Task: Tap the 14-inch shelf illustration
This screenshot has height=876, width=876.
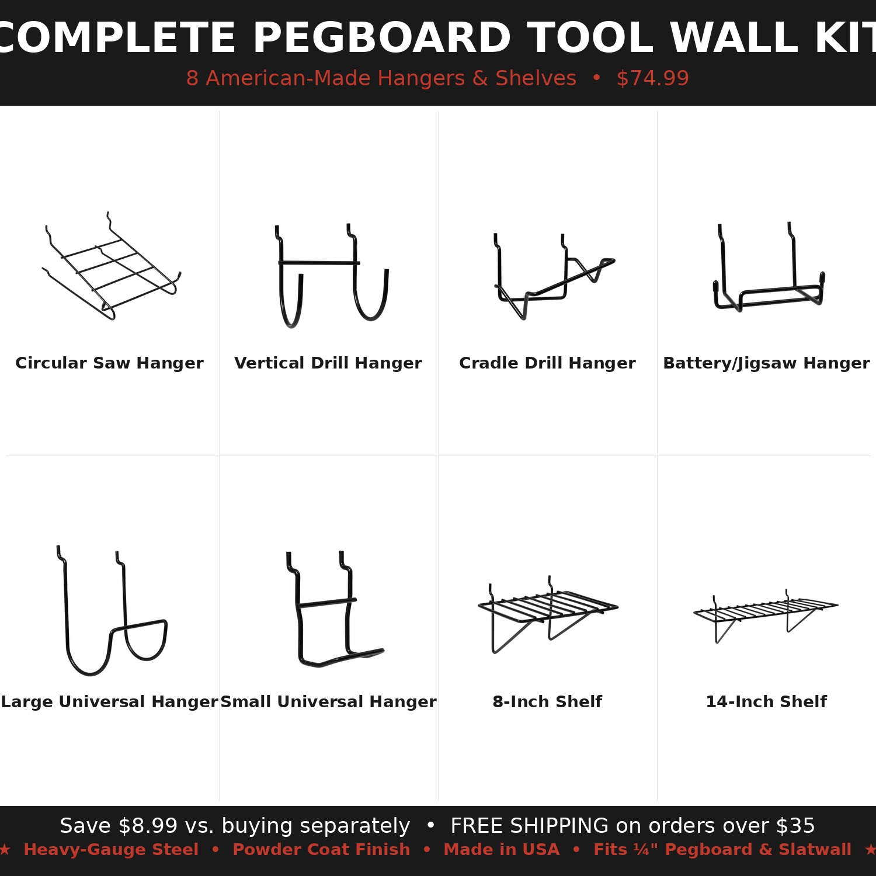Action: pyautogui.click(x=766, y=610)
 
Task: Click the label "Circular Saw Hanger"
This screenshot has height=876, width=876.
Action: pyautogui.click(x=109, y=363)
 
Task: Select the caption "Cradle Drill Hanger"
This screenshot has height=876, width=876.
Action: pyautogui.click(x=547, y=363)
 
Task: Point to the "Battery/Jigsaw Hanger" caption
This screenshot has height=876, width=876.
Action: pyautogui.click(x=766, y=363)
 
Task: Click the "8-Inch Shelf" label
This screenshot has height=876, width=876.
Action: pyautogui.click(x=547, y=701)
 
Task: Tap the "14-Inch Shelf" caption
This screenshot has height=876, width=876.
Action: pyautogui.click(x=766, y=701)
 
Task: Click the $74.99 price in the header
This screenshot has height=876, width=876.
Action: pyautogui.click(x=653, y=78)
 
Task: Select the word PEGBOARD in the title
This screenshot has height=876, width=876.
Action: pyautogui.click(x=382, y=39)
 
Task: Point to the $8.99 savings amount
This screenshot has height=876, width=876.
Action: pyautogui.click(x=148, y=826)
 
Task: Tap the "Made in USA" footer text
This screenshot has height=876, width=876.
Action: pyautogui.click(x=502, y=850)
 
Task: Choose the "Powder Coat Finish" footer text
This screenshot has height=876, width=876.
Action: pyautogui.click(x=321, y=850)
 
